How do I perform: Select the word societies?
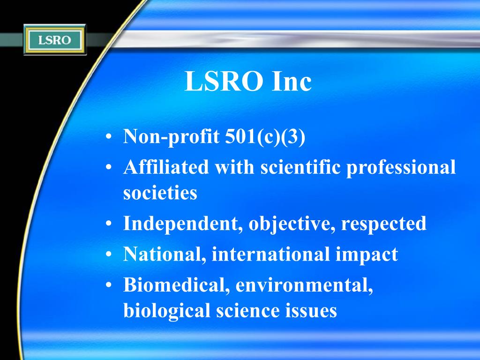(160, 193)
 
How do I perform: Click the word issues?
(312, 310)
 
